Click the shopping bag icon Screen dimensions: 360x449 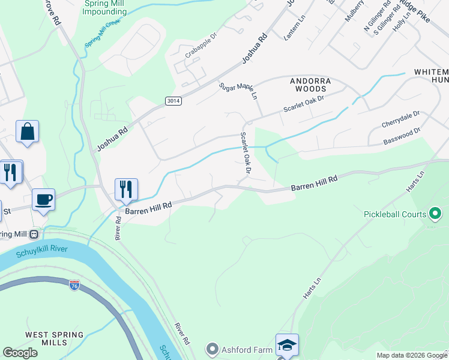pos(28,132)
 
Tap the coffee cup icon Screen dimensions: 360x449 pos(44,199)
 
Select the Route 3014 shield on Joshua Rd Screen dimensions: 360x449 pos(173,102)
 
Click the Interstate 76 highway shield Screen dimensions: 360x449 pos(74,286)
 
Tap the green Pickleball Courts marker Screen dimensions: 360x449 pos(436,214)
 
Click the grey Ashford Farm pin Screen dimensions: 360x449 pos(211,348)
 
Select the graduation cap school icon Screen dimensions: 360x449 pos(287,346)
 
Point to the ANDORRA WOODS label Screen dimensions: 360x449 pos(310,84)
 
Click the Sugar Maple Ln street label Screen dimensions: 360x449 pos(238,91)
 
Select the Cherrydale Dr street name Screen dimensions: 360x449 pos(400,118)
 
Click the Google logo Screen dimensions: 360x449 pos(20,353)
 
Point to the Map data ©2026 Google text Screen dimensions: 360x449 pos(412,355)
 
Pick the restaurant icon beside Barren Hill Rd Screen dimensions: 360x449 pos(126,190)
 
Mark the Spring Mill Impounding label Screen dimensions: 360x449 pos(104,7)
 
